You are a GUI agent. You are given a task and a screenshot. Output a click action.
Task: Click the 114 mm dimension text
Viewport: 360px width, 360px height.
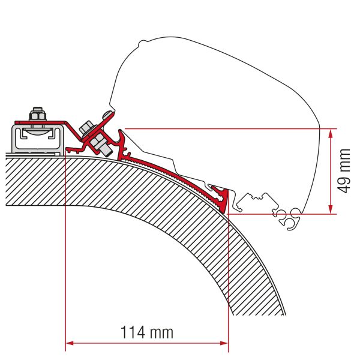(x=146, y=331)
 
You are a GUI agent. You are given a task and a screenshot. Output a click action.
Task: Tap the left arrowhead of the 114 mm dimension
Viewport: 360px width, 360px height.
(x=68, y=343)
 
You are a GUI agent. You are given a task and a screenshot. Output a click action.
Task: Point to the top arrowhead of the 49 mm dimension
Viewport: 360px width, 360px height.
(x=330, y=133)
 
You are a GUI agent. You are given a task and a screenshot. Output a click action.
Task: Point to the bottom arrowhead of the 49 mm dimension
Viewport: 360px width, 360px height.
(x=330, y=209)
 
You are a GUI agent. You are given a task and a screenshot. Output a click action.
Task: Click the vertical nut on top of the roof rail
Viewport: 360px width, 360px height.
(x=37, y=113)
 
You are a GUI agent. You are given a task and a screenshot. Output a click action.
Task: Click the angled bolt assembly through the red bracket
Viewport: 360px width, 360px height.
(x=95, y=136)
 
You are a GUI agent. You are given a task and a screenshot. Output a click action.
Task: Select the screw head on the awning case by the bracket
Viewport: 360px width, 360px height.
(x=107, y=115)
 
